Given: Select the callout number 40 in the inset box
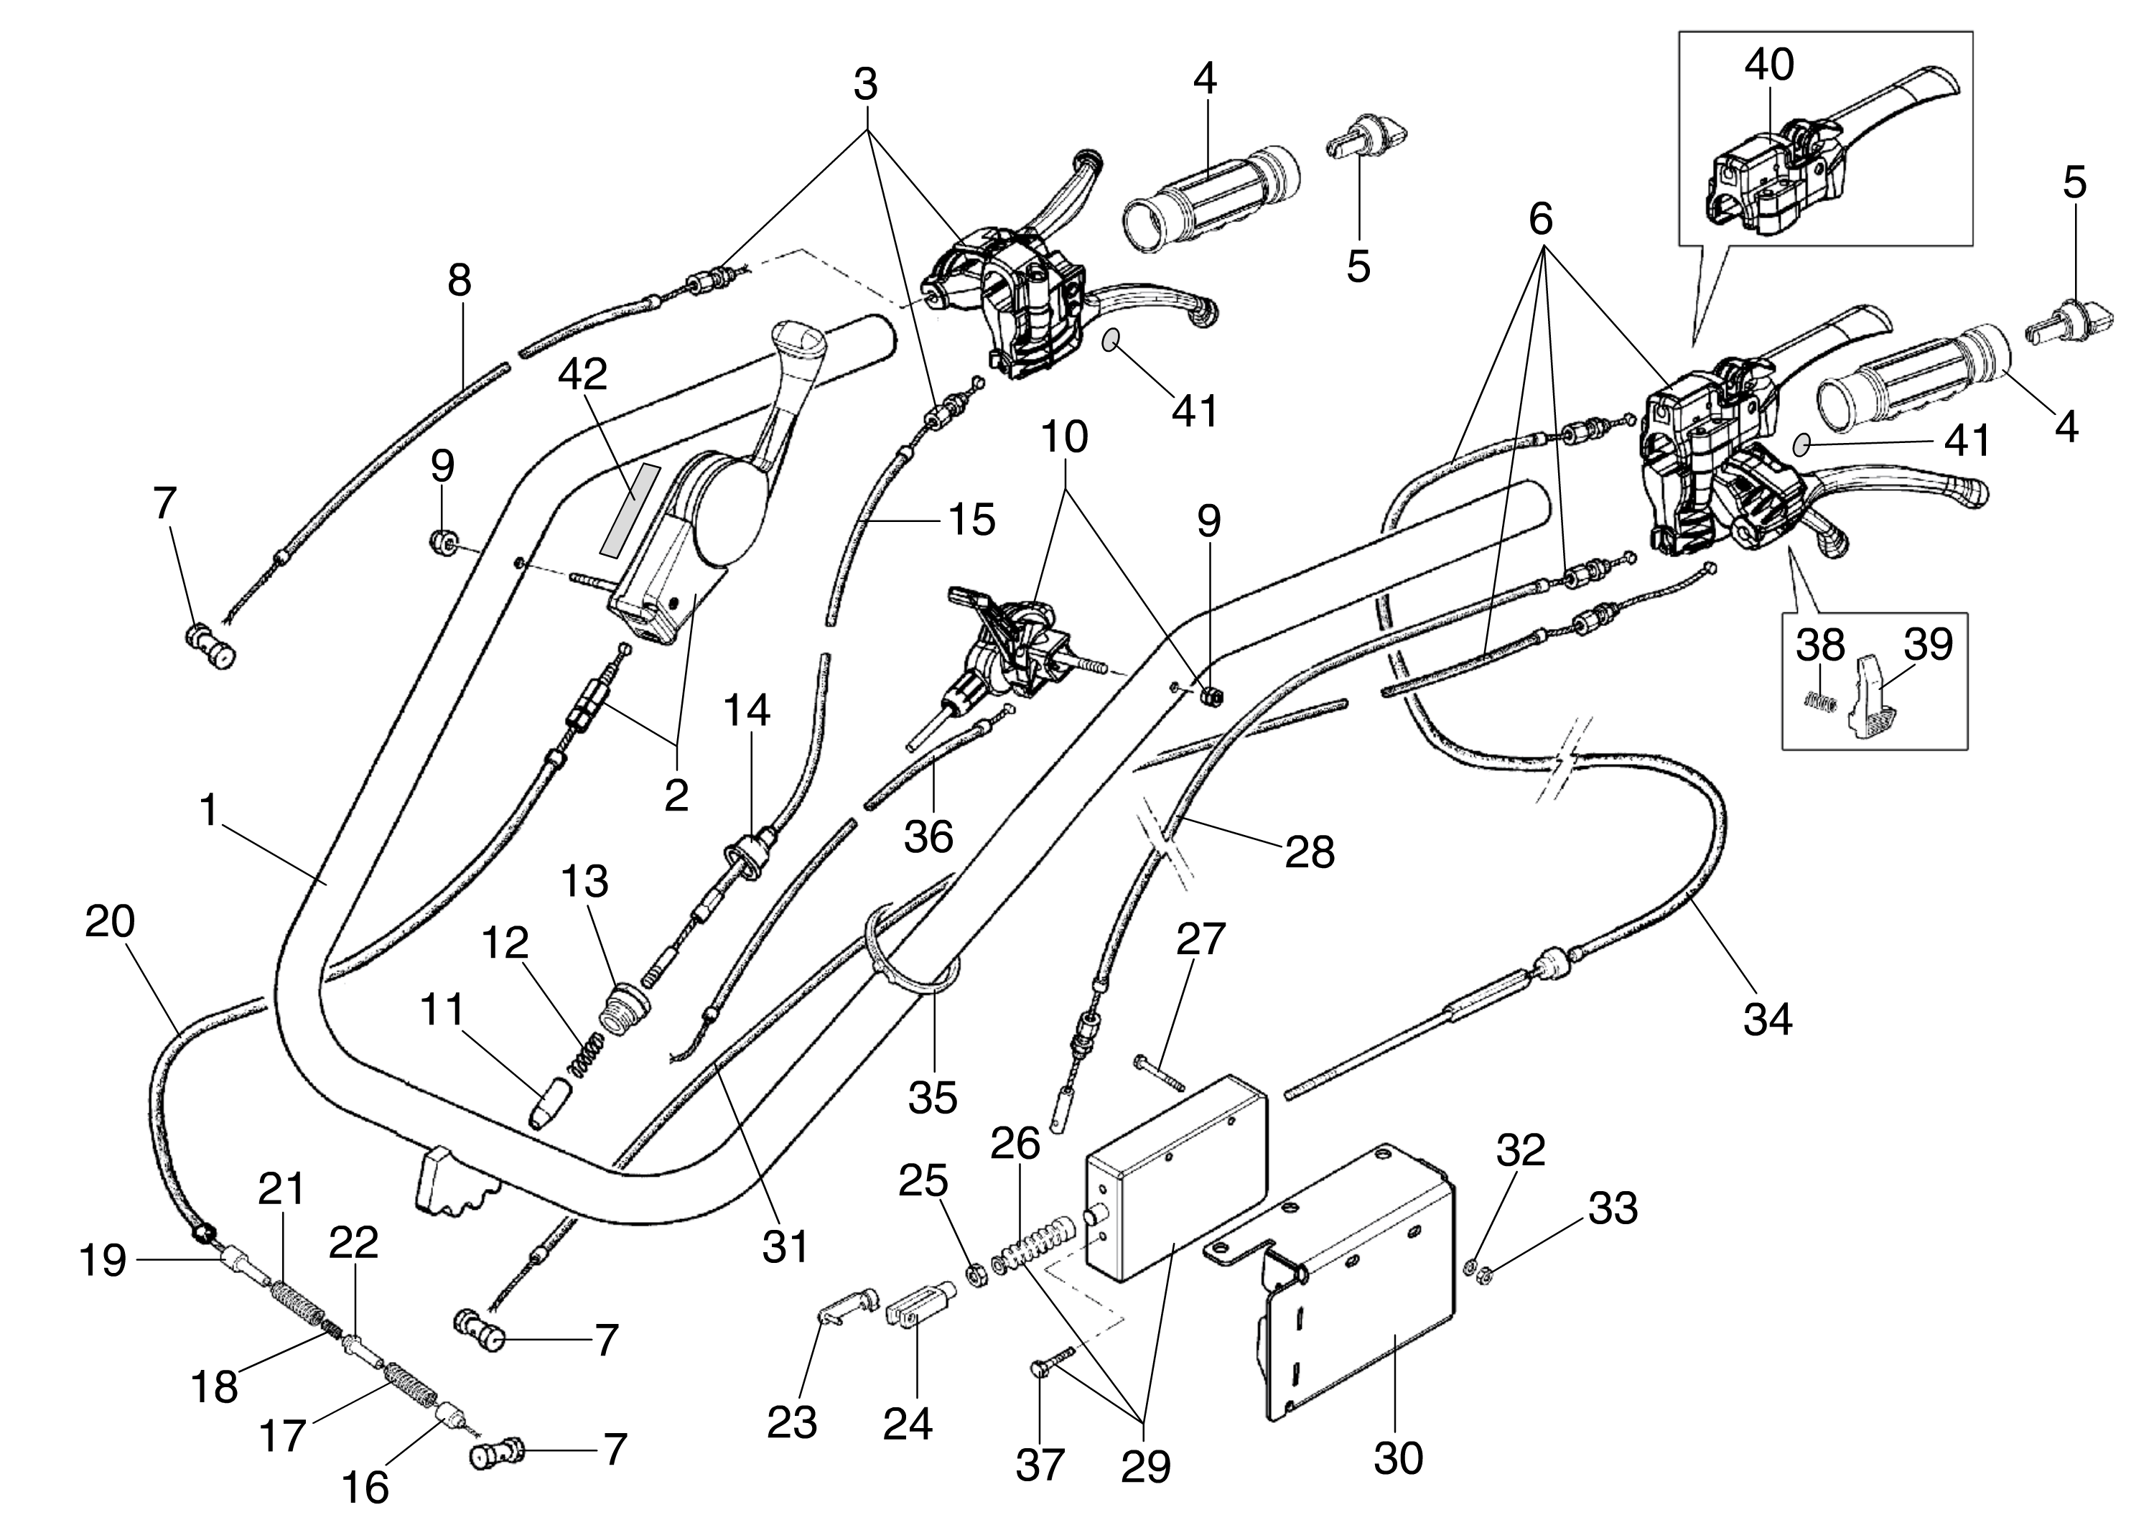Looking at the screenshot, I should click(x=1769, y=65).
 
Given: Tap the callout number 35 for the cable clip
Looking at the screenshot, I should click(x=933, y=1096).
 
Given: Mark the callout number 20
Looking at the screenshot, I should click(x=110, y=922).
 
